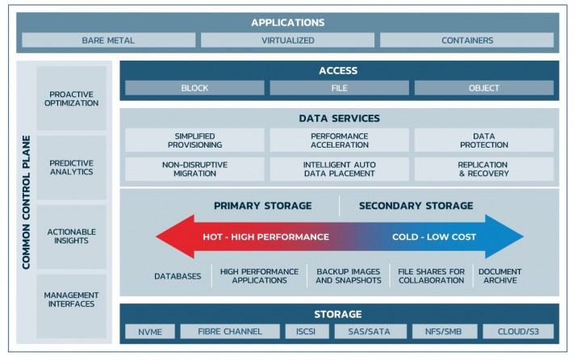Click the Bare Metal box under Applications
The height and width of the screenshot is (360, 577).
pos(109,40)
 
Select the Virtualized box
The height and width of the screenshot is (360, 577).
pos(288,40)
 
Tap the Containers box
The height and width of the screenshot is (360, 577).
pos(467,40)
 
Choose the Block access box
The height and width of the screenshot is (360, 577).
pos(194,88)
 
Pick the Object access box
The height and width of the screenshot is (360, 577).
pos(484,88)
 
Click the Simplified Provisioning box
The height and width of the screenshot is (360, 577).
pos(194,140)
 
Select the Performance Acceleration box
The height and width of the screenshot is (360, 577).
pos(339,140)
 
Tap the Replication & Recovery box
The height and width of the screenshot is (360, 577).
pos(484,169)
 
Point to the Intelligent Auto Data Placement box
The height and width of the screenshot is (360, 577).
pos(339,169)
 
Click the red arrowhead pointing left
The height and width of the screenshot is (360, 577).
pos(176,237)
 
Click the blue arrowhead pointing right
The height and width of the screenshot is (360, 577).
pos(504,237)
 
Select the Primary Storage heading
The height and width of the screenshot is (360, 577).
pos(263,205)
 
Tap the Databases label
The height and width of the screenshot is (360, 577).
pos(178,276)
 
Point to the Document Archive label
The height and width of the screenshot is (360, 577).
pos(500,276)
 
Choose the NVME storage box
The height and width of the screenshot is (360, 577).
pos(150,332)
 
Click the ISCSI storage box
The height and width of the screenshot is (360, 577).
pos(307,332)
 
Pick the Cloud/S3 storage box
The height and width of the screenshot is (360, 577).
pos(518,332)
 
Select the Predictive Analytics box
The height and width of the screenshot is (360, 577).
pos(71,167)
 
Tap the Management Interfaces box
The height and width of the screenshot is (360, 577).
pos(71,299)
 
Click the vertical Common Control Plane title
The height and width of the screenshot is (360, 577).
pos(26,202)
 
